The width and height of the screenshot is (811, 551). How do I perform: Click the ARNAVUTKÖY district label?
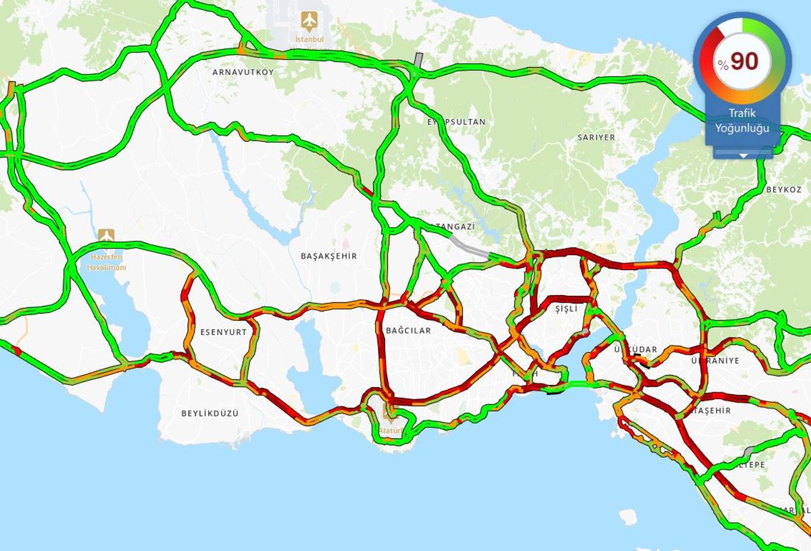[x=243, y=72]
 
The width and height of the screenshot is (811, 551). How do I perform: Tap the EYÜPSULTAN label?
[x=456, y=122]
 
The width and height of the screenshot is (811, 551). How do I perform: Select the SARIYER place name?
[x=596, y=137]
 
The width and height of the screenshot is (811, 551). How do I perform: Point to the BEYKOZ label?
[x=783, y=190]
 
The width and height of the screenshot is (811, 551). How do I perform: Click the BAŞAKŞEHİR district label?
[x=328, y=256]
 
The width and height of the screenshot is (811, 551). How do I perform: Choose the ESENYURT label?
[x=224, y=332]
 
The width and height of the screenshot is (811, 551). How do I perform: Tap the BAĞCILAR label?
[x=408, y=331]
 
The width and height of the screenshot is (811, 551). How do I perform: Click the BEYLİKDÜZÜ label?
[x=210, y=413]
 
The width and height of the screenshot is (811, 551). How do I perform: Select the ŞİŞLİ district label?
[x=566, y=308]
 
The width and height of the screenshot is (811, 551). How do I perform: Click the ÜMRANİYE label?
[x=715, y=361]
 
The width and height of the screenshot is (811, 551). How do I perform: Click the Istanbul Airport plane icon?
[x=310, y=21]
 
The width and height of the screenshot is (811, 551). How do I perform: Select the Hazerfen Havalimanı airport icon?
[x=106, y=235]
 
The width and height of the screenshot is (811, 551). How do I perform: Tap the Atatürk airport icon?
[x=389, y=411]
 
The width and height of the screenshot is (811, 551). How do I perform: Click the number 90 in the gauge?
[x=744, y=61]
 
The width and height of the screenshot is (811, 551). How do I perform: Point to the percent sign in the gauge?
[x=723, y=65]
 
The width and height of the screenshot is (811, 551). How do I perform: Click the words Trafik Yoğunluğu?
[x=742, y=122]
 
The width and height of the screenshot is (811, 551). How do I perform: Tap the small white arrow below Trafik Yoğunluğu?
[x=743, y=155]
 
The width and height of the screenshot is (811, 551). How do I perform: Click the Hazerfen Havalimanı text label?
[x=106, y=262]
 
